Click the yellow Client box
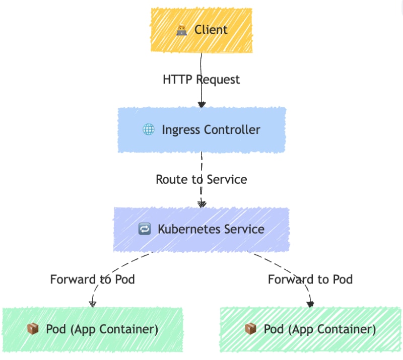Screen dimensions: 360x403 point(201,30)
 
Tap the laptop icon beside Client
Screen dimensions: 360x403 point(182,30)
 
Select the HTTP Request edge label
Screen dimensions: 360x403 point(201,80)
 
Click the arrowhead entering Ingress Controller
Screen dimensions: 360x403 point(201,105)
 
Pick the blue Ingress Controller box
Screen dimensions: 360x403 point(201,130)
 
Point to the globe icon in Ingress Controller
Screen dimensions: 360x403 point(149,130)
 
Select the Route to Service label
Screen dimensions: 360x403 point(201,179)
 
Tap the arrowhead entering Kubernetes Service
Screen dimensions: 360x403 point(201,204)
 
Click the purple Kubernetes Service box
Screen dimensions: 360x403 point(201,230)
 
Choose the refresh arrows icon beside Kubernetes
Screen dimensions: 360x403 point(145,230)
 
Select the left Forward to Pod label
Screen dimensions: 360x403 point(93,279)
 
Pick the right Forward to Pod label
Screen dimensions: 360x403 point(310,279)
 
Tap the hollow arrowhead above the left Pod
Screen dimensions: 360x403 point(93,304)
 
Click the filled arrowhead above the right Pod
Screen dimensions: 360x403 point(310,304)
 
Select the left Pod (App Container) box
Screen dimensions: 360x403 point(93,329)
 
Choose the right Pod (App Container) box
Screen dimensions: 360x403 point(310,329)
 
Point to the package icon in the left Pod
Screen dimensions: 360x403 point(33,329)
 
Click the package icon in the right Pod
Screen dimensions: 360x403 point(250,329)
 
